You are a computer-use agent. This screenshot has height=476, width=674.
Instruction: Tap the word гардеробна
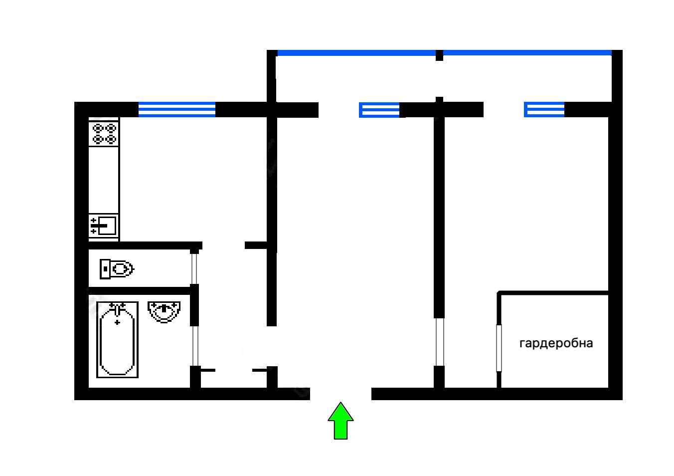pyautogui.click(x=556, y=343)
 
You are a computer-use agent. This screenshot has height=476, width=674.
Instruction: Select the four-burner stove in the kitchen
pyautogui.click(x=104, y=133)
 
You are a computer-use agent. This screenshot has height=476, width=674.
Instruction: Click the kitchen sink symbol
pyautogui.click(x=103, y=226)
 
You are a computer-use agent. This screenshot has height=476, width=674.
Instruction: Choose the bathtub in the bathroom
pyautogui.click(x=117, y=339)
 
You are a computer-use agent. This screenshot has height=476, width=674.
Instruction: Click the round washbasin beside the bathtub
pyautogui.click(x=164, y=311)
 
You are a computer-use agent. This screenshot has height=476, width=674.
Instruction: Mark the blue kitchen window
pyautogui.click(x=176, y=109)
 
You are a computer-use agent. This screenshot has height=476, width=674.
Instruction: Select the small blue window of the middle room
pyautogui.click(x=379, y=110)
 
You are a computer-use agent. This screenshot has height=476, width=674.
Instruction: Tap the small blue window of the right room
pyautogui.click(x=544, y=110)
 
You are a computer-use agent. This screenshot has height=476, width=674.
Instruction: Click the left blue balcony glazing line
pyautogui.click(x=356, y=53)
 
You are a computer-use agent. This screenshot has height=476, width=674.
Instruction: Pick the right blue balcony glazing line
pyautogui.click(x=526, y=53)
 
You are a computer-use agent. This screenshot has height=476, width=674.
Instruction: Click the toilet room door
pyautogui.click(x=194, y=268)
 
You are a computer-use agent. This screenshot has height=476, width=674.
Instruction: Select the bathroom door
pyautogui.click(x=195, y=346)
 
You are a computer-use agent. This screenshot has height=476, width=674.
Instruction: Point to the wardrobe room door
pyautogui.click(x=499, y=348)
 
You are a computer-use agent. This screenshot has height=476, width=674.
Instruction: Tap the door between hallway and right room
pyautogui.click(x=439, y=342)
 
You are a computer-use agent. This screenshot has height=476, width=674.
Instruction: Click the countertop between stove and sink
pyautogui.click(x=104, y=180)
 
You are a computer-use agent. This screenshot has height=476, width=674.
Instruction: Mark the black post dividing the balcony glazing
pyautogui.click(x=439, y=55)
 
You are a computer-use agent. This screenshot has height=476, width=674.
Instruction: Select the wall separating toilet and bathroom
pyautogui.click(x=140, y=290)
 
